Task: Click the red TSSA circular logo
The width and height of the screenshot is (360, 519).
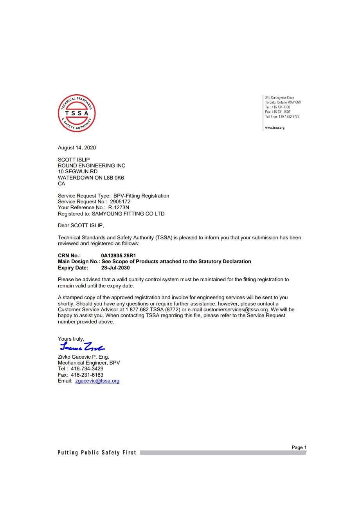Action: (x=77, y=113)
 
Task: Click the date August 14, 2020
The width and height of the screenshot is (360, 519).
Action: (x=77, y=147)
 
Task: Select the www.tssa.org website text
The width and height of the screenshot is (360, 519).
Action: (x=275, y=128)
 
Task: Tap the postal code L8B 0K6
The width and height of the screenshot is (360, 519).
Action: (x=114, y=178)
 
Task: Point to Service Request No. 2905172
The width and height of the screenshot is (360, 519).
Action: (x=120, y=202)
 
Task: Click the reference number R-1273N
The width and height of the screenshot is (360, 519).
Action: (x=119, y=208)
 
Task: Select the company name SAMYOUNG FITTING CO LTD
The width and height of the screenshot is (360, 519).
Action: (x=128, y=214)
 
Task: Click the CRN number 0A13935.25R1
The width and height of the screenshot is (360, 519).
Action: (x=118, y=255)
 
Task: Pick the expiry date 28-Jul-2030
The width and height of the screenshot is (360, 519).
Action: (x=115, y=268)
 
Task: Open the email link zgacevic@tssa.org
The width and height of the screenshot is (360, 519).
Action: (x=97, y=381)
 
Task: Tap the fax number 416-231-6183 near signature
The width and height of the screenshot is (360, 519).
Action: (x=87, y=375)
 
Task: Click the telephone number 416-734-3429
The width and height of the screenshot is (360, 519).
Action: (x=87, y=369)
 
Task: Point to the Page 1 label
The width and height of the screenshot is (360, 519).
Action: (x=299, y=447)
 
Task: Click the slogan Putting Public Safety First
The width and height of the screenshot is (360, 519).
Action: (x=97, y=453)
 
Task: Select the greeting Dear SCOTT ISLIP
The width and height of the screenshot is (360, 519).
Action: (x=81, y=226)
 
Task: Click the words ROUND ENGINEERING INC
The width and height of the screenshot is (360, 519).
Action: (x=92, y=166)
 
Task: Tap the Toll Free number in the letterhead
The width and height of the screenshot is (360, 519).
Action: (x=288, y=117)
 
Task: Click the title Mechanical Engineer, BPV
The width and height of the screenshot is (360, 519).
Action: (x=89, y=363)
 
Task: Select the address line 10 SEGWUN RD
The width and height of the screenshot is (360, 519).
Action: (x=77, y=172)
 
